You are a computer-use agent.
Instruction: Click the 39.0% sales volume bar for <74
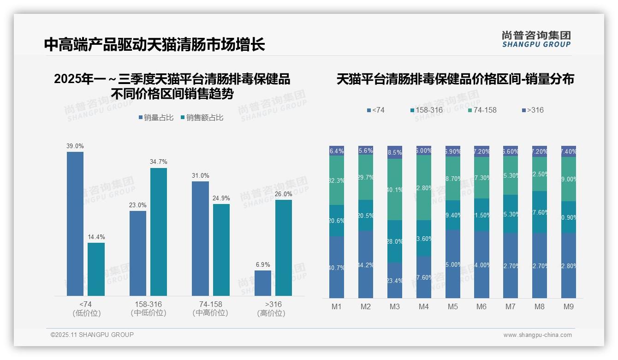75,224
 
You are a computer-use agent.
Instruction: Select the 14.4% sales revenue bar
96,269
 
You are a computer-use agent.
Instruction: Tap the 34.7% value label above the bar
158,162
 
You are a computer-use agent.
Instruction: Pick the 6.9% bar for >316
263,283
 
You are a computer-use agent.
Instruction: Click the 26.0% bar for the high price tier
284,248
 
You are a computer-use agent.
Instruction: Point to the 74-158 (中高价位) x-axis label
210,308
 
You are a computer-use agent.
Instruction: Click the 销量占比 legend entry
156,118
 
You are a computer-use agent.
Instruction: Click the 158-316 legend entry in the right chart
427,110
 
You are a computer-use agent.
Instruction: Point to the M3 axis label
394,307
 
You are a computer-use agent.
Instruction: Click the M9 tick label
569,307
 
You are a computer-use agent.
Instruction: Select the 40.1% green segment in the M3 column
394,189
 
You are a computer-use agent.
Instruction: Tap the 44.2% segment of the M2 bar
366,264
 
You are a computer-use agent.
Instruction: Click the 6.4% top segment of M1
337,151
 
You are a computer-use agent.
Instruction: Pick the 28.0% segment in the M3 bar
394,241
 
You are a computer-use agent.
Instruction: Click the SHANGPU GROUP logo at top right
536,39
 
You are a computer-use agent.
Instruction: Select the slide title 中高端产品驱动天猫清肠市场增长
154,44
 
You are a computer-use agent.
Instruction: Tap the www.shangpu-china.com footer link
537,335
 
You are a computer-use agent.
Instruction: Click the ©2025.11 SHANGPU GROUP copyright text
92,335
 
